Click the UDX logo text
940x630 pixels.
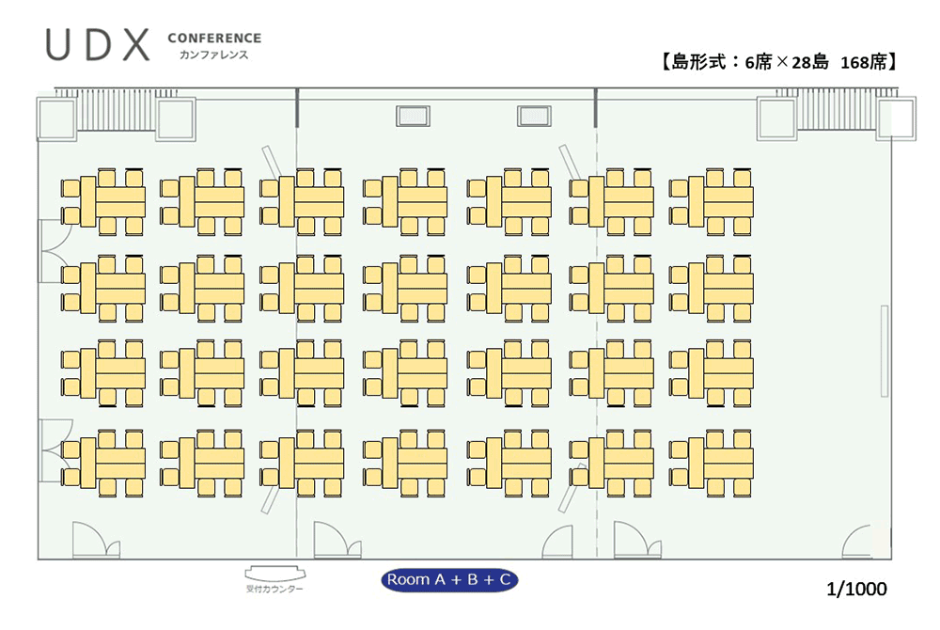98,45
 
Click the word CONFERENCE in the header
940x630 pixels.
214,39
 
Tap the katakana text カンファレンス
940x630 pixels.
214,55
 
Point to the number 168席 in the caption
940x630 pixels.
863,62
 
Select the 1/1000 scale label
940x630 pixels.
856,590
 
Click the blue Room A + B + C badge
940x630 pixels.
449,579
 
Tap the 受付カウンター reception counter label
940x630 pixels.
274,590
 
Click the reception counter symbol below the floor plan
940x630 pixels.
275,574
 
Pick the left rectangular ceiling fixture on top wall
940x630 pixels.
413,116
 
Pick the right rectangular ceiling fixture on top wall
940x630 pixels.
534,116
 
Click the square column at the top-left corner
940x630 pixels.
57,118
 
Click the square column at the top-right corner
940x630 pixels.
897,118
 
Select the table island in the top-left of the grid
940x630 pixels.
103,201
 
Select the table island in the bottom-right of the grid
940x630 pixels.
711,463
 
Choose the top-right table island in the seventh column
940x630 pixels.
711,201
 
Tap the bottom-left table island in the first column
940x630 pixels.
103,463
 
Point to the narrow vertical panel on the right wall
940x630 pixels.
885,351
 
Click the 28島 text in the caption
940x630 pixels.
810,62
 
